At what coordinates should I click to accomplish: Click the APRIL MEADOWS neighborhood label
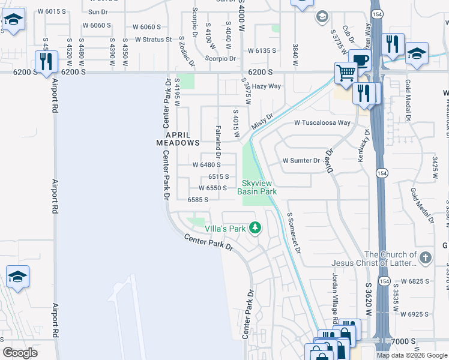click(x=178, y=139)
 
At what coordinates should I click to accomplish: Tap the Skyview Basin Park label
click(x=259, y=187)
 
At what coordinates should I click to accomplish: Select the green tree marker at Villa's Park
click(x=256, y=227)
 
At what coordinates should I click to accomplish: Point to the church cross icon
click(x=424, y=258)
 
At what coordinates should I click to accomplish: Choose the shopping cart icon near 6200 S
click(x=346, y=73)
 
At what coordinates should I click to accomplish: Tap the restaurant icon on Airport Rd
click(x=46, y=61)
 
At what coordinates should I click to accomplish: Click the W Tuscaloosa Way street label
click(x=322, y=122)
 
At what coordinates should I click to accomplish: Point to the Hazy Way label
click(x=267, y=86)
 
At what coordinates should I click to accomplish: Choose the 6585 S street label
click(x=197, y=199)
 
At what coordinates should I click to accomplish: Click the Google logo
click(x=20, y=353)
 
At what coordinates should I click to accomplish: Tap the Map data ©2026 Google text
click(x=412, y=355)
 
